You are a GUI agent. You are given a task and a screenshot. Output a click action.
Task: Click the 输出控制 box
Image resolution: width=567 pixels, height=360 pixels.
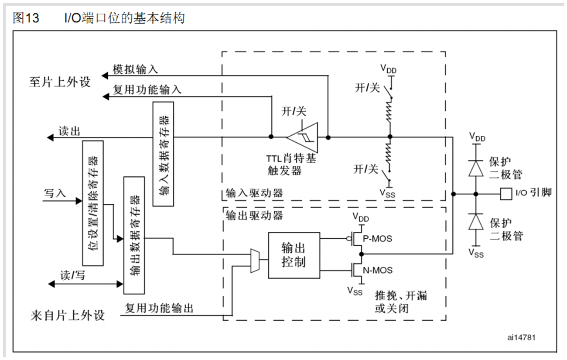(x=293, y=255)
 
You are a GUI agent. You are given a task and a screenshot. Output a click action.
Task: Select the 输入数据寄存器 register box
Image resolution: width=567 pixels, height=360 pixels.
(x=163, y=154)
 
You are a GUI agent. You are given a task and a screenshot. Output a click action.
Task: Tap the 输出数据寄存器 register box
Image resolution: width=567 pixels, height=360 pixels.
(x=134, y=235)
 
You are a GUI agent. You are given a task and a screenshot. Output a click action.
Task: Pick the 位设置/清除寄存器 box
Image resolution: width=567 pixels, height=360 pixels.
(x=92, y=203)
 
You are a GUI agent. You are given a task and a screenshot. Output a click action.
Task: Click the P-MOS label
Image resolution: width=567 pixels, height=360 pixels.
(x=378, y=239)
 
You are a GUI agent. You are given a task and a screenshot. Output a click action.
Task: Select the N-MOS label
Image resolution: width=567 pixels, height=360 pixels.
(x=378, y=270)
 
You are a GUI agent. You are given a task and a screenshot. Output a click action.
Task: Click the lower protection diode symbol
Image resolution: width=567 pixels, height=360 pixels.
(x=476, y=222)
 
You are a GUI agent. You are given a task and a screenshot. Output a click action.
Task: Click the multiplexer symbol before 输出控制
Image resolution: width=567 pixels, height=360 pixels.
(x=255, y=261)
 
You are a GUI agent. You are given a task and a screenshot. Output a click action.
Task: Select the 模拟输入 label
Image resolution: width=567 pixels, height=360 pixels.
(x=135, y=69)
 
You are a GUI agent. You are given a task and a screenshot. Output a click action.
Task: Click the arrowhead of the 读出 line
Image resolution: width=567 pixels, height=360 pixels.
(x=50, y=137)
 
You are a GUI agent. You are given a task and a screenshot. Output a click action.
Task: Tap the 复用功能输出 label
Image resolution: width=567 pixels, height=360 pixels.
(x=159, y=309)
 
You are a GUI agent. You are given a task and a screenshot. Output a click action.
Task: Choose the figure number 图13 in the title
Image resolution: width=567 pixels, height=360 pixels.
(x=26, y=18)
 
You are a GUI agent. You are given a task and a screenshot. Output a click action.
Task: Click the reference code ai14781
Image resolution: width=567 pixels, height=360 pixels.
(x=521, y=337)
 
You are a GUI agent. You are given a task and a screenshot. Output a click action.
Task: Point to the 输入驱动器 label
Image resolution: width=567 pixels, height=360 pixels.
(x=254, y=193)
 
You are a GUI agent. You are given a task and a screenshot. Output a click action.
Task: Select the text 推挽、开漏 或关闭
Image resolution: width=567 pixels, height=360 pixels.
(x=400, y=302)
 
